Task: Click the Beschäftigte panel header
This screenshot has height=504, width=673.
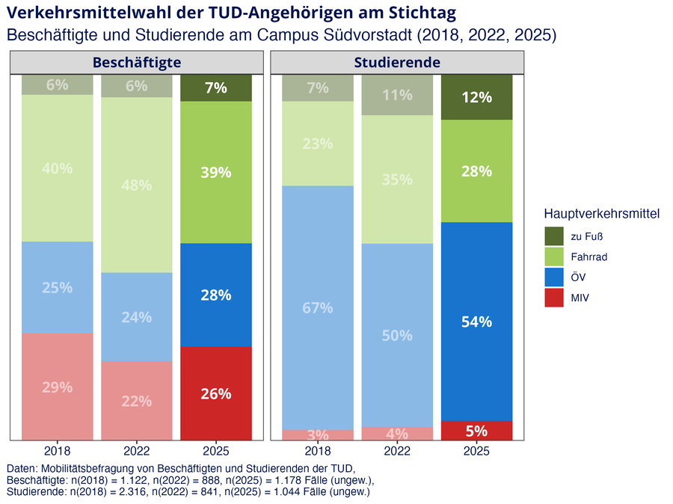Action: [137, 62]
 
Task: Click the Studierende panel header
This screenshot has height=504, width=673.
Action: [397, 62]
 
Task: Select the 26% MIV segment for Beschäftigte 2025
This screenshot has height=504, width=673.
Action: [216, 393]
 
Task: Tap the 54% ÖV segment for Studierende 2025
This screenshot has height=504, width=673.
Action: [476, 322]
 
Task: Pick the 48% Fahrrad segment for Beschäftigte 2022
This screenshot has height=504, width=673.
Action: [137, 185]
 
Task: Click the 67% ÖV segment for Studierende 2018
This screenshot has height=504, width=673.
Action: [318, 308]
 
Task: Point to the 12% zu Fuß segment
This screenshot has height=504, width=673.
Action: [476, 97]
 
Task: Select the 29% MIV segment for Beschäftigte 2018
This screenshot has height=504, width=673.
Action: [57, 387]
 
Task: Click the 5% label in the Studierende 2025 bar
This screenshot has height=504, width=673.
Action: [476, 431]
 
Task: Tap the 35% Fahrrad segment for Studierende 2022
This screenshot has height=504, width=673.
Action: [397, 179]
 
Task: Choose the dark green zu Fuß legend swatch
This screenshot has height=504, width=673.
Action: [553, 236]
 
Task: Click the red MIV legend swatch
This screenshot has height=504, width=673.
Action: [553, 298]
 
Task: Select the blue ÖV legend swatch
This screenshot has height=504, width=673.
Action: [553, 277]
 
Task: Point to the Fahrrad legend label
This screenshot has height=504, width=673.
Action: [589, 256]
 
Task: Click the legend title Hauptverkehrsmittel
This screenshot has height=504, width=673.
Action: [602, 213]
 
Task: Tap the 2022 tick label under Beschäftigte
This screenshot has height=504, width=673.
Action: [137, 451]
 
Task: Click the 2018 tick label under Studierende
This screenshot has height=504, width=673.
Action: [318, 451]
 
